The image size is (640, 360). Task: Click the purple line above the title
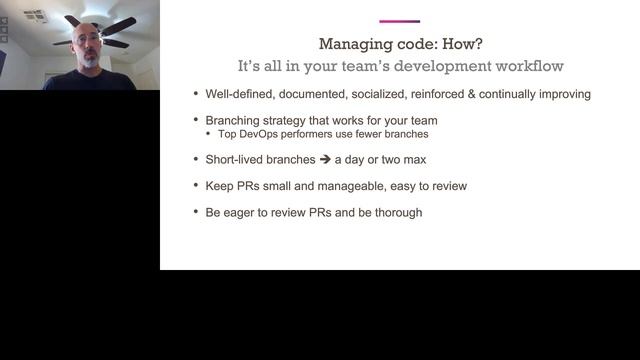click(x=400, y=21)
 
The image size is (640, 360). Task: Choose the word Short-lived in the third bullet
click(x=236, y=158)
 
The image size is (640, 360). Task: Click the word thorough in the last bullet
click(x=397, y=212)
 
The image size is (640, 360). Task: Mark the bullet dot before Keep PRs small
click(x=195, y=185)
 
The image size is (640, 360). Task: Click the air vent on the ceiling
click(x=35, y=16)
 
